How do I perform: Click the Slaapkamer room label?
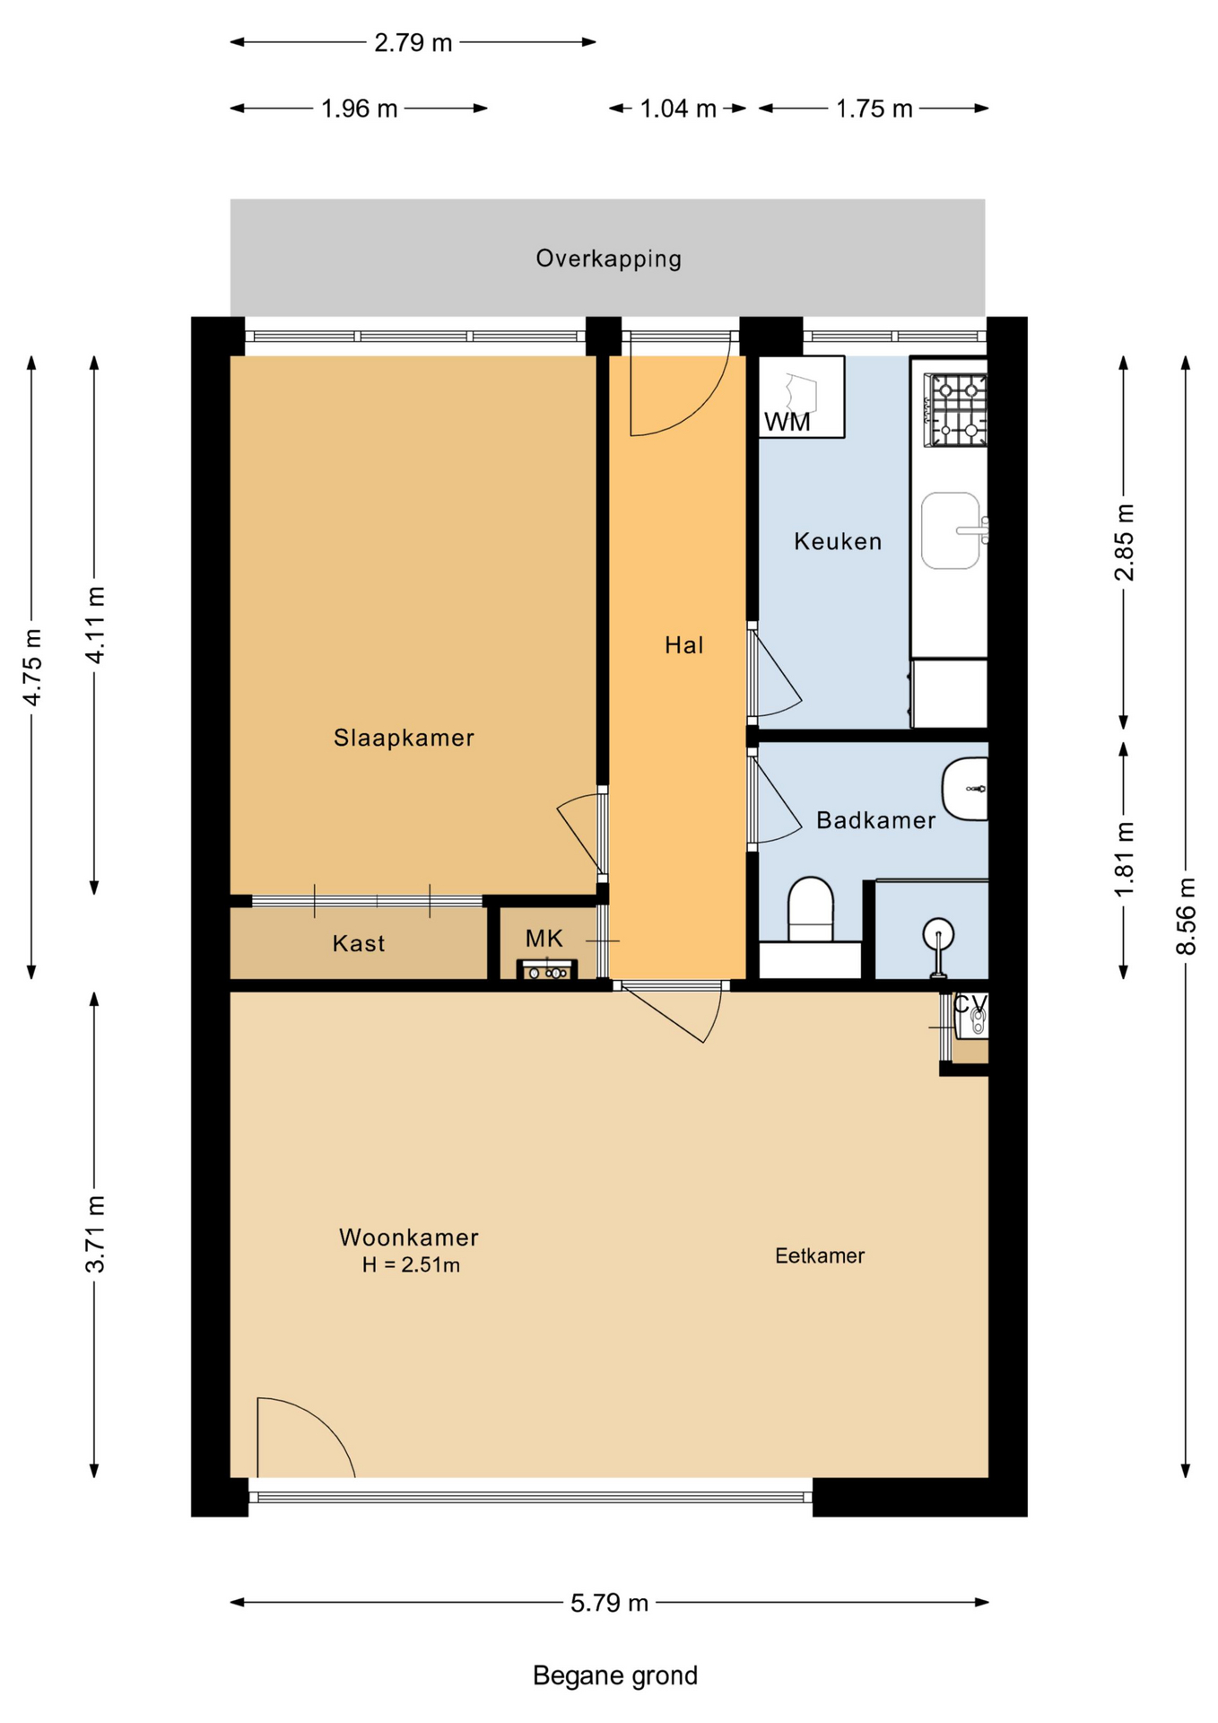[404, 738]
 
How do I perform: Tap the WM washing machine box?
[801, 397]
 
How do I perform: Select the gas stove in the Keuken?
[956, 411]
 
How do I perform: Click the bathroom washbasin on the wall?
[965, 789]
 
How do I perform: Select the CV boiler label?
[970, 1004]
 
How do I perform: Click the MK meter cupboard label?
[544, 939]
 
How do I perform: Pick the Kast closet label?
[359, 943]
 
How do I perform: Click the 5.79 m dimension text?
[609, 1603]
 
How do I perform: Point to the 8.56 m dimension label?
[1186, 916]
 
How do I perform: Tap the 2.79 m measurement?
[413, 43]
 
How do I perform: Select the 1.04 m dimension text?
[678, 109]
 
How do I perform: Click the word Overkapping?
[609, 258]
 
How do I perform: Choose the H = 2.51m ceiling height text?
[411, 1265]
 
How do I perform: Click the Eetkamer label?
[820, 1255]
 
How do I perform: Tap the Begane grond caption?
[615, 1675]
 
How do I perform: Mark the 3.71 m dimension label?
[95, 1234]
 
